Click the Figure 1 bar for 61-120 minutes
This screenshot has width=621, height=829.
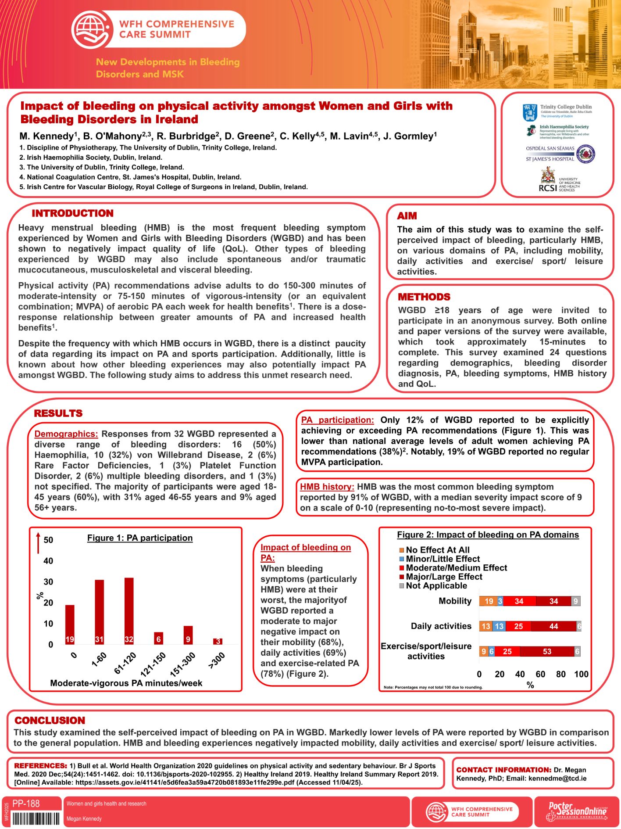click(x=129, y=610)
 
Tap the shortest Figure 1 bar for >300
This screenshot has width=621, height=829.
click(x=218, y=641)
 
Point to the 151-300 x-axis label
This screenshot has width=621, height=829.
click(x=182, y=664)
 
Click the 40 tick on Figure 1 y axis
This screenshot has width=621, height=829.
click(x=48, y=561)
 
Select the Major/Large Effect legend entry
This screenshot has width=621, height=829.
click(x=444, y=577)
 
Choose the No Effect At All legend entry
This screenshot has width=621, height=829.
click(x=437, y=550)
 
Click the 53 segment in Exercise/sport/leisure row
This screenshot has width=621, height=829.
click(x=547, y=651)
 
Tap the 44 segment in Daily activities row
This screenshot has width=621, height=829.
click(x=553, y=626)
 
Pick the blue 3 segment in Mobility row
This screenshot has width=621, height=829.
click(x=500, y=601)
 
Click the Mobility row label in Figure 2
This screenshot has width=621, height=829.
click(x=455, y=601)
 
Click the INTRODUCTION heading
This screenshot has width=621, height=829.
click(x=73, y=213)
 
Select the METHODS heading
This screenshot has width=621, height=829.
click(x=424, y=297)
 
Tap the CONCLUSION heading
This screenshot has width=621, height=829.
click(x=50, y=720)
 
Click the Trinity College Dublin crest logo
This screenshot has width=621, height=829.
click(x=530, y=112)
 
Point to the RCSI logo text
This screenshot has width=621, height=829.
click(x=548, y=188)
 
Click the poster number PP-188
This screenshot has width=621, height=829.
click(x=26, y=804)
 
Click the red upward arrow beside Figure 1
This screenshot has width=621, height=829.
click(x=38, y=543)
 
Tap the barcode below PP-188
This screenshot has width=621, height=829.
click(x=36, y=818)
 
